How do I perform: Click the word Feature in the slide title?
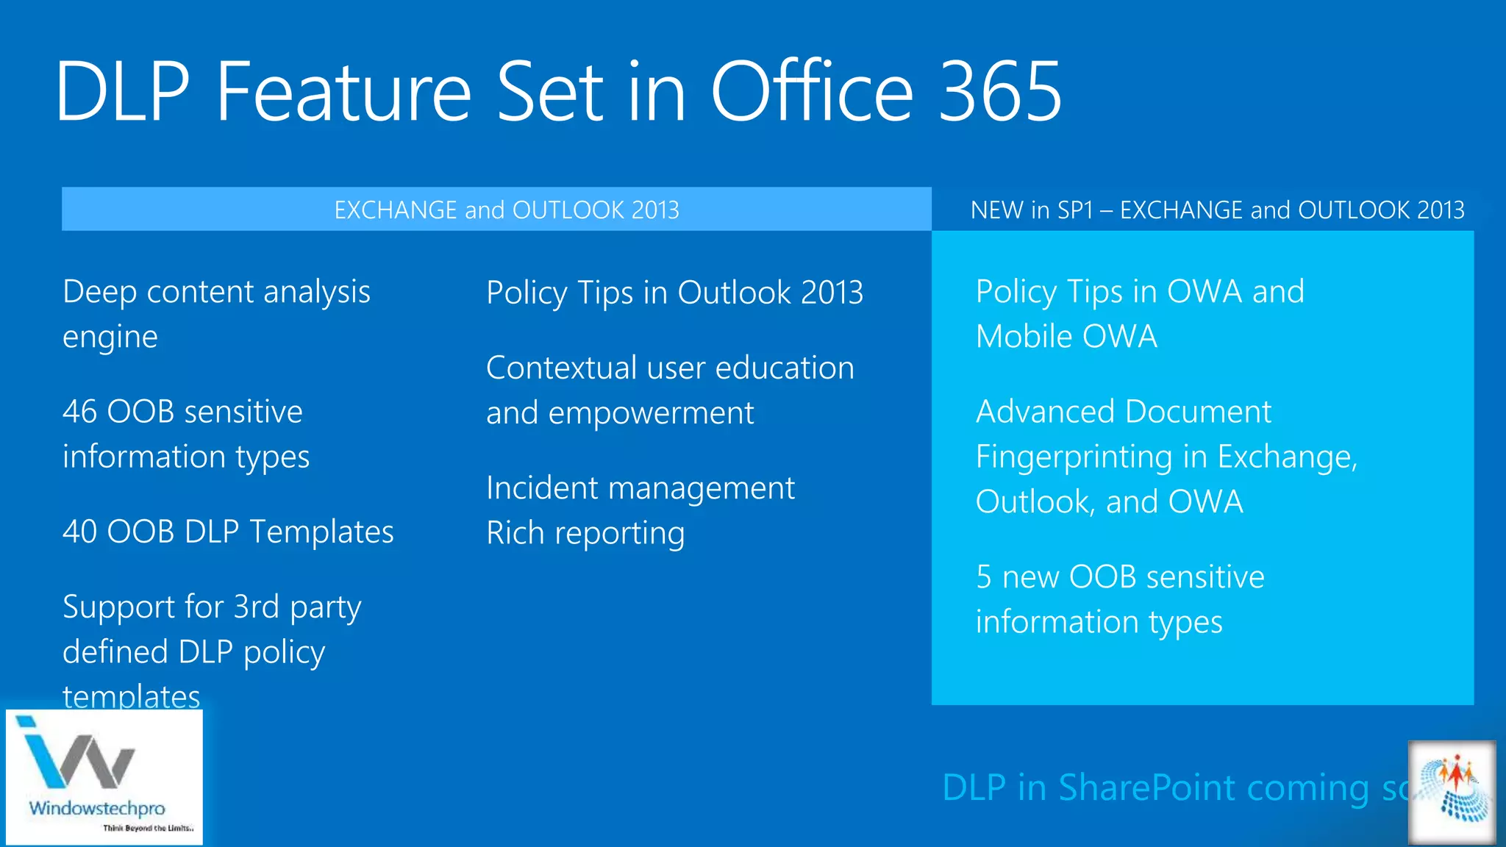pyautogui.click(x=343, y=92)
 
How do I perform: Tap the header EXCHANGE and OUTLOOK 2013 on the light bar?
pyautogui.click(x=506, y=210)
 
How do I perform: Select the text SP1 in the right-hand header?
pyautogui.click(x=1075, y=210)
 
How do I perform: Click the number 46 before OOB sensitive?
pyautogui.click(x=79, y=412)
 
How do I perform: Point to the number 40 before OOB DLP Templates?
pyautogui.click(x=79, y=532)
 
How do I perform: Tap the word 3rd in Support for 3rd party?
pyautogui.click(x=256, y=607)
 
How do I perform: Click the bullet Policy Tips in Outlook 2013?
pyautogui.click(x=674, y=293)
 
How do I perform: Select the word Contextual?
pyautogui.click(x=560, y=368)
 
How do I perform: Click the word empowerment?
pyautogui.click(x=651, y=413)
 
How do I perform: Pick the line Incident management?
pyautogui.click(x=640, y=488)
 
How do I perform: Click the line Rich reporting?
pyautogui.click(x=585, y=534)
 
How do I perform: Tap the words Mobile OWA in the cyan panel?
pyautogui.click(x=1066, y=337)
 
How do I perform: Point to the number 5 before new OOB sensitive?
pyautogui.click(x=984, y=577)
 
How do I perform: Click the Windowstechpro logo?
pyautogui.click(x=103, y=776)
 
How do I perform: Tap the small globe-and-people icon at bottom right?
pyautogui.click(x=1452, y=792)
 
